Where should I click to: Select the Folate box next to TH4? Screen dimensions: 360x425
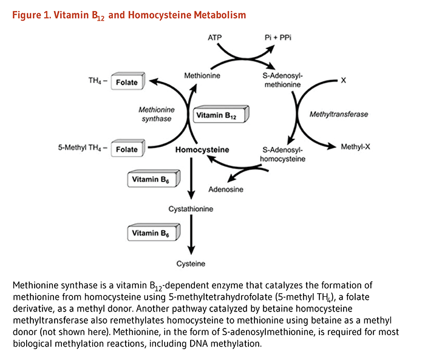point(128,82)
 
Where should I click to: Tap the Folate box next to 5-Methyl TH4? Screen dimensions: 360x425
point(128,149)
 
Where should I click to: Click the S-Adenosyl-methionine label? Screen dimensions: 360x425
point(283,80)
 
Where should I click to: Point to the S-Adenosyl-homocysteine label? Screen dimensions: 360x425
point(283,154)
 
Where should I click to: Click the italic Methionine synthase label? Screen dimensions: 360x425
point(156,114)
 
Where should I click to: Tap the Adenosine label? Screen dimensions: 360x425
point(226,189)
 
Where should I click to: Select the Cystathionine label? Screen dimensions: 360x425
point(191,209)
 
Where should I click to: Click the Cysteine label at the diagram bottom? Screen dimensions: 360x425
point(191,263)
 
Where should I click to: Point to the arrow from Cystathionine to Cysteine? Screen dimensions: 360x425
point(192,237)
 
